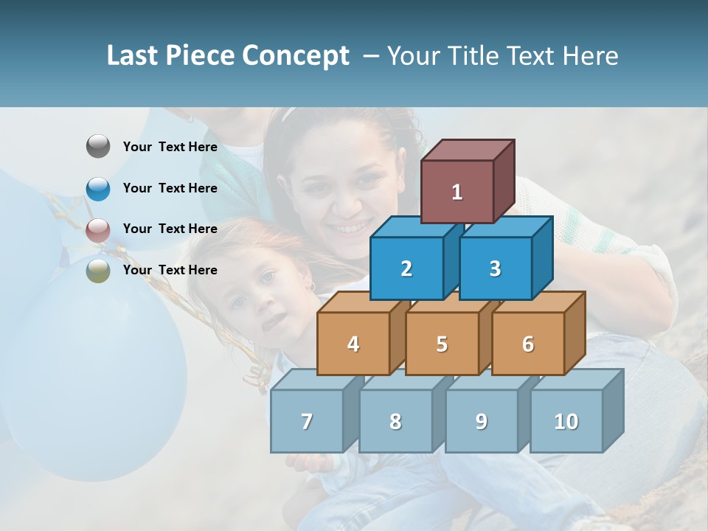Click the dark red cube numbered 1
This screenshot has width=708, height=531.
tap(457, 192)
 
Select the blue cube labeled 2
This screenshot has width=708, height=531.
tap(406, 268)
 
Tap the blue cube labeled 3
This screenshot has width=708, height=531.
tap(495, 268)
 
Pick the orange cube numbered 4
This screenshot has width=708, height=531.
tap(353, 344)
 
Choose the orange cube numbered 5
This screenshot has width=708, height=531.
tap(442, 344)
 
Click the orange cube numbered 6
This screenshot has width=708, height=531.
tap(528, 344)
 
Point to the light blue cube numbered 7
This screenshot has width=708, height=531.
tap(307, 421)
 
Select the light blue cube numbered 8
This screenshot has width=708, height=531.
tap(395, 421)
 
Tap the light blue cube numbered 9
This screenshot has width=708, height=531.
tap(482, 421)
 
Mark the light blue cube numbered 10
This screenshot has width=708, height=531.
tap(566, 421)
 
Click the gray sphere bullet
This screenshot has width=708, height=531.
tap(98, 147)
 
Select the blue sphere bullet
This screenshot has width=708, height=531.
tap(98, 188)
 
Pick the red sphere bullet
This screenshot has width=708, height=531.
tap(98, 229)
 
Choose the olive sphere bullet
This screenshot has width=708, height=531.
tap(98, 271)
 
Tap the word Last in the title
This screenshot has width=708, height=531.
tap(133, 56)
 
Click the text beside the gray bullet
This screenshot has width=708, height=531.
tap(170, 147)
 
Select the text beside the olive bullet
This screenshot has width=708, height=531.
tap(170, 270)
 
